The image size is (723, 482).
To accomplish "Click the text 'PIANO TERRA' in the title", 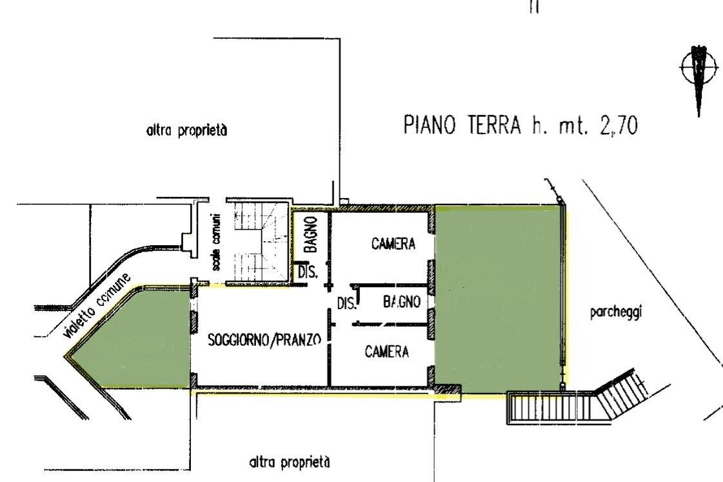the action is (462, 125).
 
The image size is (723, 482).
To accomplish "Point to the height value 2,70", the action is (619, 125).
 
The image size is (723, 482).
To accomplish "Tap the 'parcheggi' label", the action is (615, 313).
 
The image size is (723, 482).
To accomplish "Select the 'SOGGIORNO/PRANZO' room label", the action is (264, 340).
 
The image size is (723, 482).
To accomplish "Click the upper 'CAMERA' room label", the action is (393, 243).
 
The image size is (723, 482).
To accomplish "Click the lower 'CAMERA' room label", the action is (387, 352).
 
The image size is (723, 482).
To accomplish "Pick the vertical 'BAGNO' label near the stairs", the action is (312, 234).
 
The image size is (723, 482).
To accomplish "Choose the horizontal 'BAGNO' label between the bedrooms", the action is (402, 302).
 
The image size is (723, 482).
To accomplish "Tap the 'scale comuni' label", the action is (217, 242).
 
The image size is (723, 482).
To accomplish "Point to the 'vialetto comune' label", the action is (96, 305).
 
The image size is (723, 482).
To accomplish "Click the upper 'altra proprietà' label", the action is (187, 130).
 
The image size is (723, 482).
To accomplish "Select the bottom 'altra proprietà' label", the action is (290, 462).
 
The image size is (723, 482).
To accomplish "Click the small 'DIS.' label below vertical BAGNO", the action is (308, 272).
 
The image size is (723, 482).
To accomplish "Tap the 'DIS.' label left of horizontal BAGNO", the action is (347, 303).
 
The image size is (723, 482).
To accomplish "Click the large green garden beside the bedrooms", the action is (498, 300).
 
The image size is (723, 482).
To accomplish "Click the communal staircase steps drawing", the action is (261, 242).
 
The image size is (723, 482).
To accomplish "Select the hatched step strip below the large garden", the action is (551, 407).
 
